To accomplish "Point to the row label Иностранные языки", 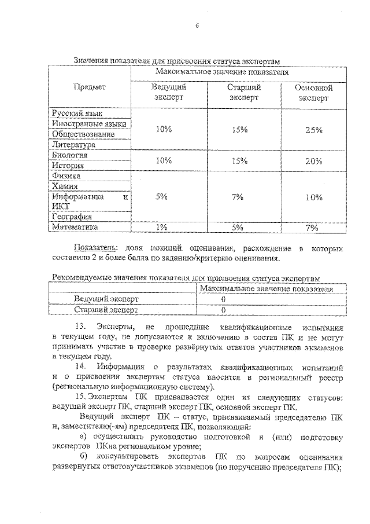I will (x=88, y=124).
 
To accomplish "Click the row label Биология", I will (x=69, y=155).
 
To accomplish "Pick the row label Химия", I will (x=65, y=186).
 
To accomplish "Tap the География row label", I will (x=72, y=217).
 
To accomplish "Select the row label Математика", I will (x=75, y=228).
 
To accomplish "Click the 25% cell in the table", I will (x=313, y=130).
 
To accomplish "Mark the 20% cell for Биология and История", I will (x=313, y=161).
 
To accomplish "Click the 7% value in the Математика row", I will (x=313, y=228).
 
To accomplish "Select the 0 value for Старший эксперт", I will (x=223, y=310).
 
